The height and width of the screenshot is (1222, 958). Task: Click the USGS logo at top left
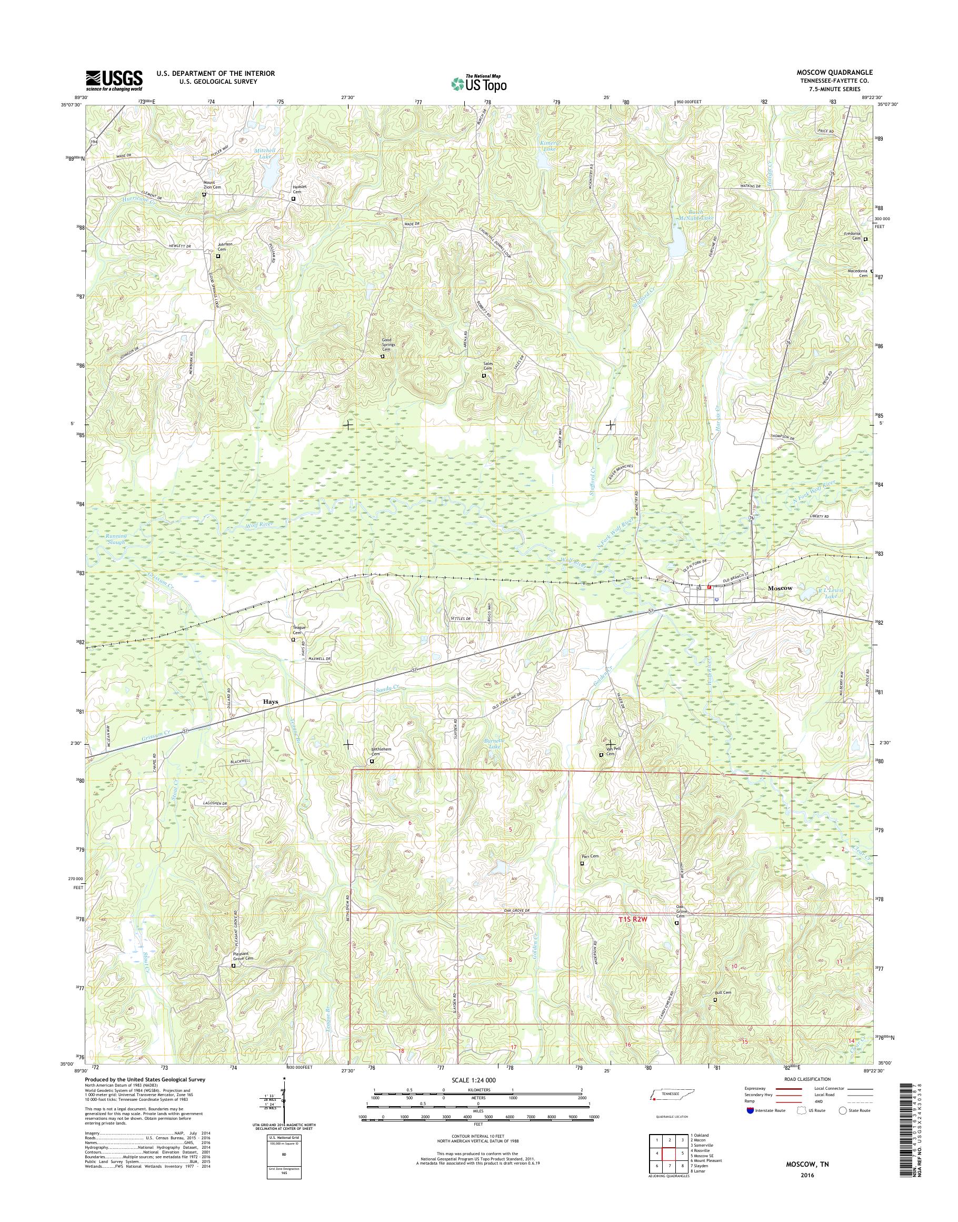[114, 80]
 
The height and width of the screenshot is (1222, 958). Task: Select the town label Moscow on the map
[780, 588]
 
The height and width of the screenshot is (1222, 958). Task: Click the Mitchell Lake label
[265, 154]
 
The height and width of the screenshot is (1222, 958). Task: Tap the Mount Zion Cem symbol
[204, 195]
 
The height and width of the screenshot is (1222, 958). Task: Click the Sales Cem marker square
[484, 376]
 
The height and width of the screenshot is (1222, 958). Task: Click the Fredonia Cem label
[856, 236]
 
